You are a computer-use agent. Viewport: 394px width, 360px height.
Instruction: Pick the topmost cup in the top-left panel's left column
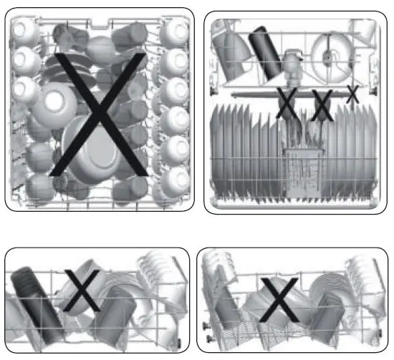pyautogui.click(x=25, y=31)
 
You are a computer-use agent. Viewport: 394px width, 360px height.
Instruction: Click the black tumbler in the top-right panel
pyautogui.click(x=265, y=54)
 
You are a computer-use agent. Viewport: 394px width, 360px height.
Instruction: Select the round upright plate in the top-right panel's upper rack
pyautogui.click(x=332, y=52)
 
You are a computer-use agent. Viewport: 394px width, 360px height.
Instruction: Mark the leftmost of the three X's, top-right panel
pyautogui.click(x=288, y=104)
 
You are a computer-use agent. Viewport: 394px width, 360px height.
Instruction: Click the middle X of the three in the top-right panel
pyautogui.click(x=320, y=104)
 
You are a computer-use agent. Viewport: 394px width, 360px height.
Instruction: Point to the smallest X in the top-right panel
pyautogui.click(x=352, y=94)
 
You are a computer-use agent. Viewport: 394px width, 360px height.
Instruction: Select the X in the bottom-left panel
pyautogui.click(x=80, y=291)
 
